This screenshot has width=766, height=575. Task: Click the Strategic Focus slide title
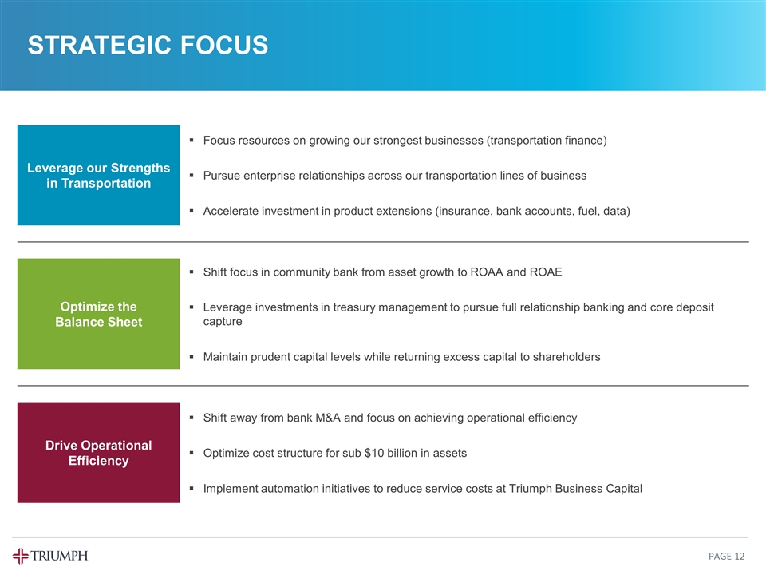pos(148,46)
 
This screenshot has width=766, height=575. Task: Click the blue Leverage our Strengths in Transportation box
pos(99,176)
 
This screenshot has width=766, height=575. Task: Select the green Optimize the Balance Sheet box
pos(99,314)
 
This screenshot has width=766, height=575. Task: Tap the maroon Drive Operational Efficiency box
pos(99,453)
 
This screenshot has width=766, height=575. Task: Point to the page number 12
pos(741,556)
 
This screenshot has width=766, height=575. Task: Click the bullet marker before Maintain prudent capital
pos(192,358)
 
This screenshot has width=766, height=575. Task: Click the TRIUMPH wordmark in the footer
pos(60,556)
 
